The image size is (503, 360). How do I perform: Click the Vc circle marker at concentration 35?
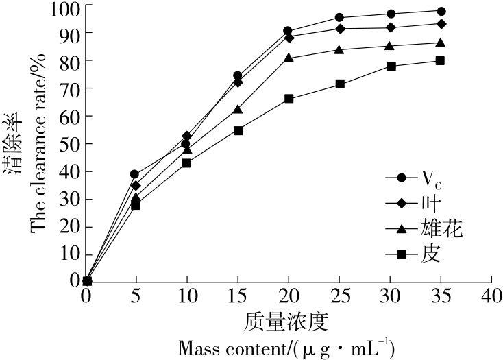(441, 11)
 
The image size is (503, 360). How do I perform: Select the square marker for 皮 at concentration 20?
(289, 99)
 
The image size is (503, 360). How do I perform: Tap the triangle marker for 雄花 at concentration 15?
(238, 110)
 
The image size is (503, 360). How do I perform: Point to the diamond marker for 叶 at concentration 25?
(339, 28)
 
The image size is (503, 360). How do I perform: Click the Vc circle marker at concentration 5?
(134, 174)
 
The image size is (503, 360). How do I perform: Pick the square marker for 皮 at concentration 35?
(441, 60)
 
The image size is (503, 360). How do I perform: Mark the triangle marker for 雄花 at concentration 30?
(391, 46)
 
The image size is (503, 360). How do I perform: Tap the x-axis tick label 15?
(236, 297)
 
